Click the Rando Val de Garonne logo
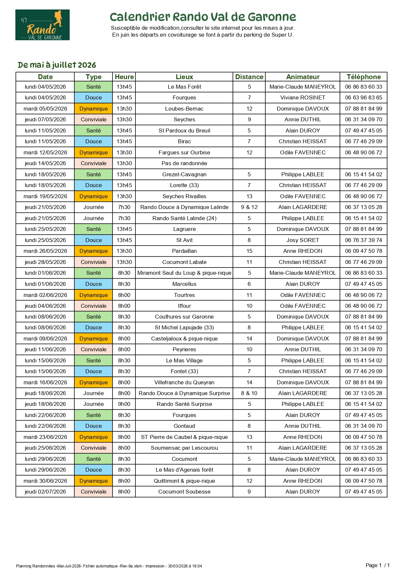pyautogui.click(x=43, y=25)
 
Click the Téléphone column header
pyautogui.click(x=363, y=77)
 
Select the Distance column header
pyautogui.click(x=249, y=77)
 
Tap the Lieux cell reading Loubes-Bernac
pyautogui.click(x=184, y=109)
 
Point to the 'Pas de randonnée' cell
pyautogui.click(x=184, y=163)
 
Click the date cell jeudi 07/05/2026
pyautogui.click(x=45, y=119)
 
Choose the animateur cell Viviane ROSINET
pyautogui.click(x=303, y=97)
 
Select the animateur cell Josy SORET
pyautogui.click(x=303, y=240)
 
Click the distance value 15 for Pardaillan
pyautogui.click(x=249, y=251)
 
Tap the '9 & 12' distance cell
pyautogui.click(x=249, y=207)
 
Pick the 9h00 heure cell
pyautogui.click(x=124, y=404)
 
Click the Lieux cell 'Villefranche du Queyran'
pyautogui.click(x=184, y=382)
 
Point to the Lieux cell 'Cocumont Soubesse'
pyautogui.click(x=184, y=492)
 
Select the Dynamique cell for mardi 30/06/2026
pyautogui.click(x=94, y=481)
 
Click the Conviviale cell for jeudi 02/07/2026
pyautogui.click(x=94, y=492)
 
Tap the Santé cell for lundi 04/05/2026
pyautogui.click(x=94, y=87)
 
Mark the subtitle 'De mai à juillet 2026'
pyautogui.click(x=57, y=65)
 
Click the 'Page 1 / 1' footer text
pyautogui.click(x=378, y=565)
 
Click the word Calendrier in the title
pyautogui.click(x=140, y=17)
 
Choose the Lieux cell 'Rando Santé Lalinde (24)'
pyautogui.click(x=184, y=218)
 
